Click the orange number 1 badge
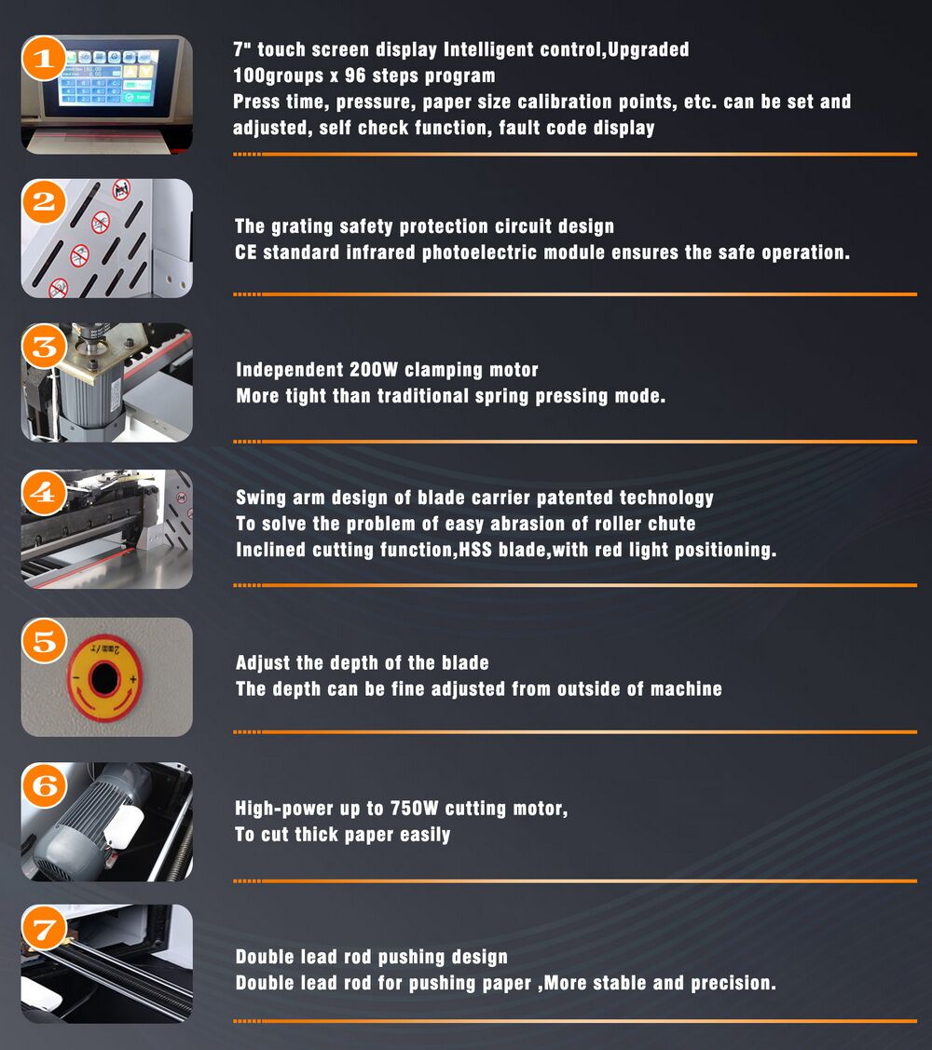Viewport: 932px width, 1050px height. pos(44,59)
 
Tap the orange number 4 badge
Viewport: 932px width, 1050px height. pos(44,493)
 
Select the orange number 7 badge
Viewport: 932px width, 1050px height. pos(44,929)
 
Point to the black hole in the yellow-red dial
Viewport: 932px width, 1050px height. pos(104,678)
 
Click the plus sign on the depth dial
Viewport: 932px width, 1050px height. pos(132,679)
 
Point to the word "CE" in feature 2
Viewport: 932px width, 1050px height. pos(245,252)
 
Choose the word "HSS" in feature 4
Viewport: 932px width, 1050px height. pos(475,550)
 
